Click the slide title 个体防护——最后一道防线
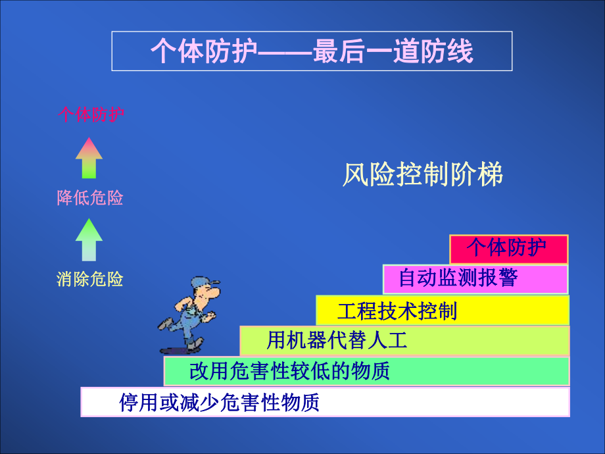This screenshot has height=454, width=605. pyautogui.click(x=312, y=51)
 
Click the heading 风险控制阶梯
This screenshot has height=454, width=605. pyautogui.click(x=423, y=175)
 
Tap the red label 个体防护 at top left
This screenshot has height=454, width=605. pyautogui.click(x=91, y=115)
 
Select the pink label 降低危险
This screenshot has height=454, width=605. pyautogui.click(x=90, y=198)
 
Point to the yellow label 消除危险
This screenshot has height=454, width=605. pyautogui.click(x=90, y=280)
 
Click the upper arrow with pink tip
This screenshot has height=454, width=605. pyautogui.click(x=89, y=158)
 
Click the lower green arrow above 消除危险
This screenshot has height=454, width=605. pyautogui.click(x=89, y=240)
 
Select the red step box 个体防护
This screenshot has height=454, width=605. pyautogui.click(x=508, y=248)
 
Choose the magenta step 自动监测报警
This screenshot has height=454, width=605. pyautogui.click(x=475, y=278)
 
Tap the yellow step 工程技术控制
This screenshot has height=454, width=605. pyautogui.click(x=442, y=310)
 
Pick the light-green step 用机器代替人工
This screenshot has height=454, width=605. pyautogui.click(x=404, y=341)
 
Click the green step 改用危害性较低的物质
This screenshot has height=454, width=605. pyautogui.click(x=366, y=371)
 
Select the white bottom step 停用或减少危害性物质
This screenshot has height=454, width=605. pyautogui.click(x=325, y=402)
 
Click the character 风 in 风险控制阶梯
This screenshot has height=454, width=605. pyautogui.click(x=353, y=175)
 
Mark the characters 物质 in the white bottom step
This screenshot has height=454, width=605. pyautogui.click(x=301, y=402)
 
